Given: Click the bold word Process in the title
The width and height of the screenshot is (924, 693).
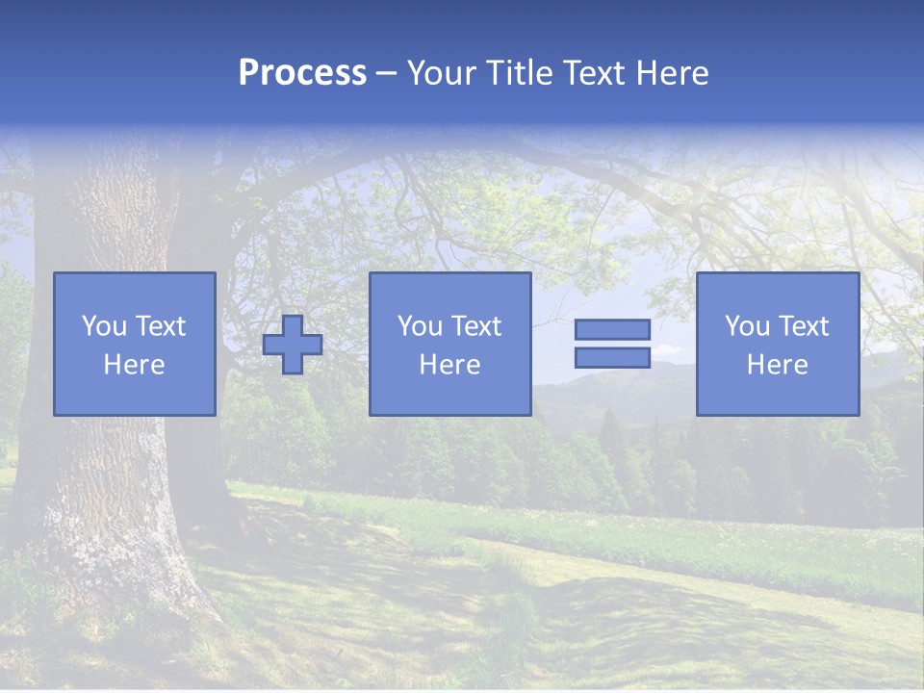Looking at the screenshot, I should tap(302, 73).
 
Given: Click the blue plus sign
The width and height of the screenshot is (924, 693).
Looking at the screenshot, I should tap(293, 345).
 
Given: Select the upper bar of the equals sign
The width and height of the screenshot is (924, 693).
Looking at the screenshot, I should tap(612, 329).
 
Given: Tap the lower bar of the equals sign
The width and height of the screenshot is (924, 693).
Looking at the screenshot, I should tap(612, 358).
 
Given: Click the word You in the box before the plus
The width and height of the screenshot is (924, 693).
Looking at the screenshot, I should tap(103, 326).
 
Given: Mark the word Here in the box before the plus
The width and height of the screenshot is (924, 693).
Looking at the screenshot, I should tap(134, 365).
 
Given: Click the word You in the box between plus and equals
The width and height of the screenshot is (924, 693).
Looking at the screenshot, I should tap(420, 326).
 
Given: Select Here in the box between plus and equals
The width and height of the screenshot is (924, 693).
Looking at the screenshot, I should tap(449, 365).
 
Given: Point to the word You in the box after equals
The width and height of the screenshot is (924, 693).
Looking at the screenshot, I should tap(747, 326).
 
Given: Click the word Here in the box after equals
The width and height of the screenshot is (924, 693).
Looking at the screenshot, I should tap(777, 365).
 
